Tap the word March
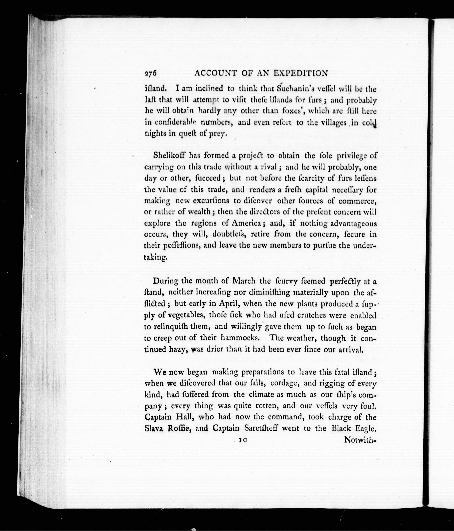(x=243, y=281)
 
